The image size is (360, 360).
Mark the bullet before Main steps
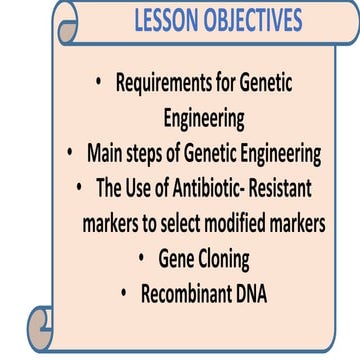69,153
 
